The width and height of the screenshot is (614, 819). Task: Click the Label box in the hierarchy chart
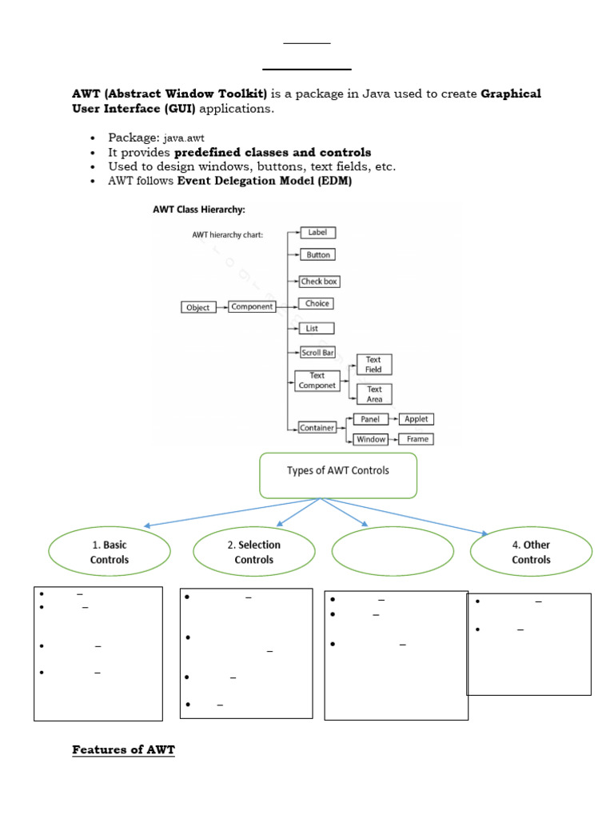tap(317, 233)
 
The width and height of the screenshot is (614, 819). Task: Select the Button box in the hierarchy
tap(317, 255)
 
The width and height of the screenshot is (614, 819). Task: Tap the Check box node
tap(317, 282)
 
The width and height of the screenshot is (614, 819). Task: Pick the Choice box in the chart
tap(317, 304)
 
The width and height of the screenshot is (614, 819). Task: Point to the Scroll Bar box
tap(317, 352)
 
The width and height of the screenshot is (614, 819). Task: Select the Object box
tap(197, 307)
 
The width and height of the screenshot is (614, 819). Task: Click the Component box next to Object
tap(252, 306)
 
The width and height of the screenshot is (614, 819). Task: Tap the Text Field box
tap(374, 365)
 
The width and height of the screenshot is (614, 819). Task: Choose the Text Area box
tap(374, 394)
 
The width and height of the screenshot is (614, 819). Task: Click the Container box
tap(317, 428)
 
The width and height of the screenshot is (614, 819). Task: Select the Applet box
tap(417, 419)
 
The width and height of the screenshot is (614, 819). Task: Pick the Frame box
tap(417, 439)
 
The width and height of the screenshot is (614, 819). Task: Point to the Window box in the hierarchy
tap(370, 439)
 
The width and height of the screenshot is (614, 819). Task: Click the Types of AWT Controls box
tap(337, 475)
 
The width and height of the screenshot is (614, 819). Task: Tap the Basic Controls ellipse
tap(110, 552)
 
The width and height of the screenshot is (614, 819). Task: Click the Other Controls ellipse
tap(531, 552)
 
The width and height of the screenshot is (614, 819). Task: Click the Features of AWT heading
tap(123, 749)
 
